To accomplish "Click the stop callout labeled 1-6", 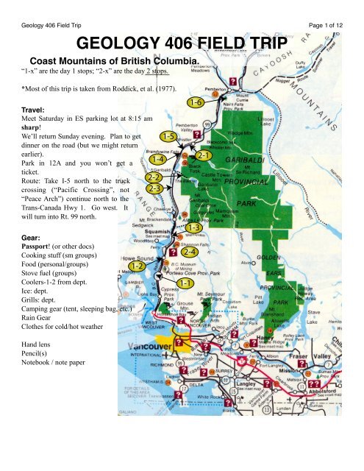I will (x=195, y=102).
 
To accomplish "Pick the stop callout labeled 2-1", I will (x=204, y=156).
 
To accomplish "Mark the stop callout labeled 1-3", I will (x=194, y=227).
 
